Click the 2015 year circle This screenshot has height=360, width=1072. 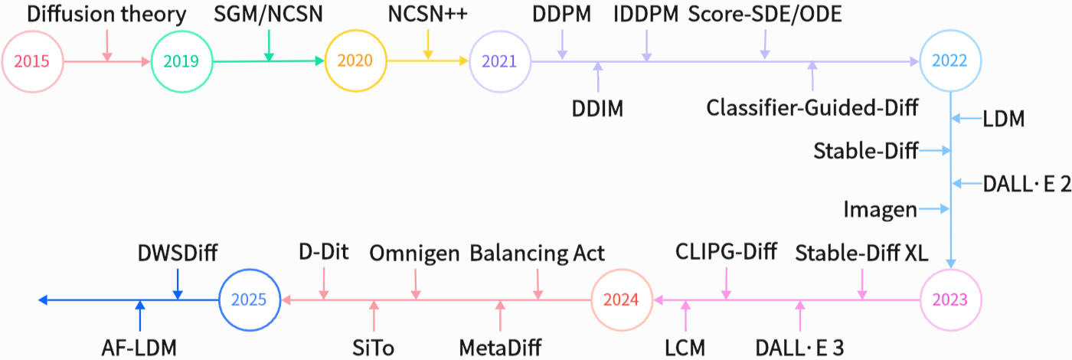pyautogui.click(x=31, y=61)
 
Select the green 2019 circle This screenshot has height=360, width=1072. pyautogui.click(x=181, y=61)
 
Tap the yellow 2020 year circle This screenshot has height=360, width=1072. pyautogui.click(x=355, y=61)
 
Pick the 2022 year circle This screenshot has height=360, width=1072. pyautogui.click(x=950, y=61)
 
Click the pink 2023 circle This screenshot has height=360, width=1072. pyautogui.click(x=950, y=299)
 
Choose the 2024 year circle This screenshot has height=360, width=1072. pyautogui.click(x=621, y=299)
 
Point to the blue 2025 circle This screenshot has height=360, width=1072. pyautogui.click(x=249, y=299)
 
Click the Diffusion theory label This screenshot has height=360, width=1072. pyautogui.click(x=106, y=14)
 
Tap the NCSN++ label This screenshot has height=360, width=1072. pyautogui.click(x=428, y=14)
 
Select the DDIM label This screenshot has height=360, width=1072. pyautogui.click(x=597, y=108)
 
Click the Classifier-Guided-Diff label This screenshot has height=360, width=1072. pyautogui.click(x=812, y=108)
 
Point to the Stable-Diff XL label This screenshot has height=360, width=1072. pyautogui.click(x=861, y=252)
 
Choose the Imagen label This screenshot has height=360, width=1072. pyautogui.click(x=880, y=208)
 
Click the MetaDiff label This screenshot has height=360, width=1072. pyautogui.click(x=500, y=347)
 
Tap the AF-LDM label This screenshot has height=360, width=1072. pyautogui.click(x=139, y=347)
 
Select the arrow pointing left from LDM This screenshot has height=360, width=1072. pyautogui.click(x=968, y=119)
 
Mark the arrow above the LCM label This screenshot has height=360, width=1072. pyautogui.click(x=685, y=316)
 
